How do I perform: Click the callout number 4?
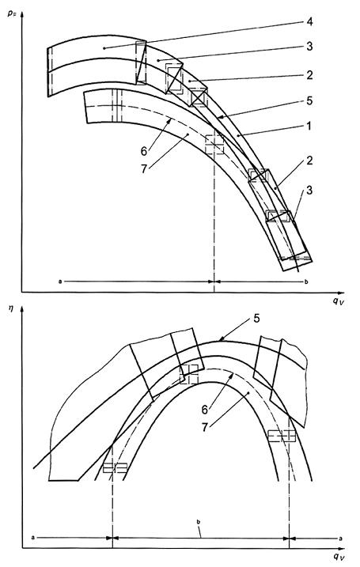[x=309, y=21]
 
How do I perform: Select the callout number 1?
[x=309, y=127]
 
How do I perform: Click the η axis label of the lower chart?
[x=10, y=309]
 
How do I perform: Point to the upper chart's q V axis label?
[x=338, y=301]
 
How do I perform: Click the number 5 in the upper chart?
[x=309, y=100]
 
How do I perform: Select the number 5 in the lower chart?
[x=256, y=319]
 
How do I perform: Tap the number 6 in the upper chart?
[x=144, y=151]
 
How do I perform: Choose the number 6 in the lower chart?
[x=205, y=410]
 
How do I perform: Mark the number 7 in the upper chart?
[x=144, y=168]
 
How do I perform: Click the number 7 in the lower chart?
[x=205, y=427]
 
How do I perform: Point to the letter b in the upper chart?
[x=306, y=282]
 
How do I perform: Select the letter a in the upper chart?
[x=59, y=281]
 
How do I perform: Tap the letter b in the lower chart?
[x=199, y=522]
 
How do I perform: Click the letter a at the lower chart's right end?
[x=340, y=539]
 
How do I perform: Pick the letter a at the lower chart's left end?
[x=33, y=538]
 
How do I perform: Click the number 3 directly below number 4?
[x=309, y=47]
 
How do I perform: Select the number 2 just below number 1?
[x=309, y=161]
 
